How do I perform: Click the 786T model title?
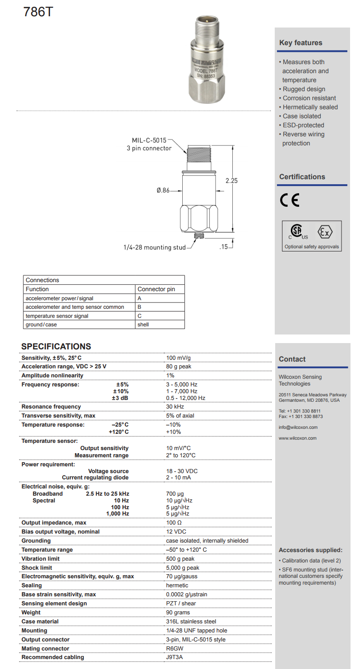38,12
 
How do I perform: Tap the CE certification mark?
289,200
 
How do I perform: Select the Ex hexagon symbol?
325,232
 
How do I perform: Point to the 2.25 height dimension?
231,181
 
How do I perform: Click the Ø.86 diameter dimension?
163,191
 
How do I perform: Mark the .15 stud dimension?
223,247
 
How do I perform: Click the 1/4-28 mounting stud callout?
155,247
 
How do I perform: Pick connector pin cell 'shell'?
143,325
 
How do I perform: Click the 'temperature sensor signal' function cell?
57,316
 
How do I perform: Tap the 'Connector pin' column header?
156,289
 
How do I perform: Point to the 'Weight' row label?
31,613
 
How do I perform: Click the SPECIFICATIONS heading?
56,347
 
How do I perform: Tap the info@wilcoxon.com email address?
298,427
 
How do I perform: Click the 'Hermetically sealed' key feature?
310,107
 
